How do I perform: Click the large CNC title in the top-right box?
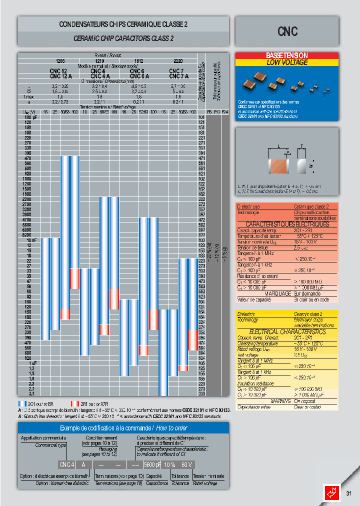click(x=287, y=31)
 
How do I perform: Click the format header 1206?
click(x=59, y=61)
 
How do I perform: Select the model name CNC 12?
click(x=58, y=71)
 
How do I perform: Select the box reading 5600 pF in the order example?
click(x=151, y=464)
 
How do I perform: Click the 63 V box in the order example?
click(x=186, y=464)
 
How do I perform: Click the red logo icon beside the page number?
click(x=333, y=492)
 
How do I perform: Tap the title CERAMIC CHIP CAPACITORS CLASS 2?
click(x=123, y=38)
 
